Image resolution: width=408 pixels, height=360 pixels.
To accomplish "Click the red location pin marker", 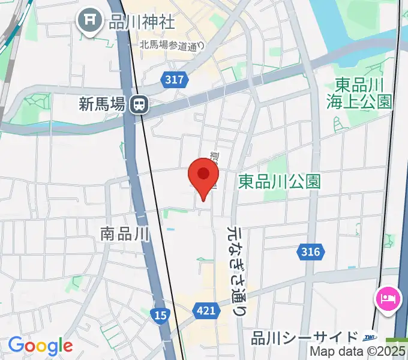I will (203, 176).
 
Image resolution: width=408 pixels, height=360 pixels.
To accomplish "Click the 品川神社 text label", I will (142, 22).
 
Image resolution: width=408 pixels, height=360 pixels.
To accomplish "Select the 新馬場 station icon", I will (140, 104).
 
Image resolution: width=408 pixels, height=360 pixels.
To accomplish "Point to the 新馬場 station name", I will (102, 104).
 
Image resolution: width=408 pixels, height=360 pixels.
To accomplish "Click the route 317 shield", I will (175, 79).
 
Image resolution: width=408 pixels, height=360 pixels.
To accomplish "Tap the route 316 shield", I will (311, 252).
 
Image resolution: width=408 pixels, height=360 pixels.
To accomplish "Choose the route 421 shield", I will (205, 310).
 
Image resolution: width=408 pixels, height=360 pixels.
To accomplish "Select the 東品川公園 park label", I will (279, 181).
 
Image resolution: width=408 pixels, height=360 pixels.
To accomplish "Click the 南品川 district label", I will (125, 233).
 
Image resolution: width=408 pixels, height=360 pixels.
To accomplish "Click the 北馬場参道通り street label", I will (172, 44).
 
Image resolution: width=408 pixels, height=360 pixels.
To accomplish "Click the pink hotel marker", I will (386, 298).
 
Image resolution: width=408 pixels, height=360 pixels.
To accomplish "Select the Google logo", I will (40, 346).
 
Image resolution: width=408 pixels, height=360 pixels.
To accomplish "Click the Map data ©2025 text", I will (358, 352).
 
